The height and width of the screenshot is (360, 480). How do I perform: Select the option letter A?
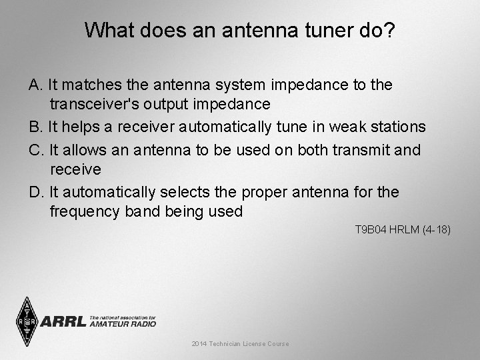[x=35, y=85]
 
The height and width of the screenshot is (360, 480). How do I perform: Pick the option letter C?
[x=36, y=150]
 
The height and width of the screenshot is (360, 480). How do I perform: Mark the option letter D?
[x=36, y=193]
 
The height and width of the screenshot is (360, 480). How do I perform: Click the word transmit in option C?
[x=363, y=150]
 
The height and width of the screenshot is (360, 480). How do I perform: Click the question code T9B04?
[x=368, y=230]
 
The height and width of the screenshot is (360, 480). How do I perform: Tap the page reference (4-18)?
[x=435, y=230]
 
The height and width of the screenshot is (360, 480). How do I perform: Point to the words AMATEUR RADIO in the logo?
[x=123, y=324]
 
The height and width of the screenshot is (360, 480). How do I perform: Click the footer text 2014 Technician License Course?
[x=240, y=344]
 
